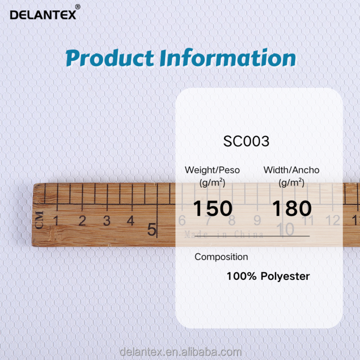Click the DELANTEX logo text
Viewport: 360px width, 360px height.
click(43, 14)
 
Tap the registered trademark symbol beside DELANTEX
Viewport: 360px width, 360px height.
click(77, 7)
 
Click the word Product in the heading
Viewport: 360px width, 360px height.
click(109, 59)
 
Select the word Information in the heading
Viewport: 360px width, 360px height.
click(227, 58)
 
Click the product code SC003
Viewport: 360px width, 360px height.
click(246, 141)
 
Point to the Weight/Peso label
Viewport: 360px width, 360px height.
click(212, 170)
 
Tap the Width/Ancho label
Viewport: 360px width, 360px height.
click(291, 170)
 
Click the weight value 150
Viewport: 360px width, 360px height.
click(213, 208)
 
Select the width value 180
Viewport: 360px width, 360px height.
click(292, 208)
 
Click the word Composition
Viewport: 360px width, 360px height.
click(221, 257)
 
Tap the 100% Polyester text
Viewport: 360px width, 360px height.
click(268, 276)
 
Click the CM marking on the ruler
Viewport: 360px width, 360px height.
click(40, 220)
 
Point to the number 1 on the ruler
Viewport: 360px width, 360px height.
click(57, 221)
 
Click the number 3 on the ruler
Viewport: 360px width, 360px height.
click(107, 221)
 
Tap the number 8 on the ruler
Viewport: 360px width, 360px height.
click(232, 221)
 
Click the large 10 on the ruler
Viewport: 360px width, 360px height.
click(285, 229)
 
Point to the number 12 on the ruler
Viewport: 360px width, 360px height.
click(333, 220)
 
